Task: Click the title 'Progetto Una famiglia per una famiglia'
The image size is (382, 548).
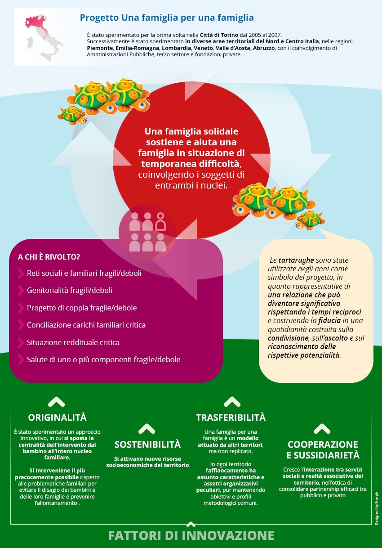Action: [x=167, y=18]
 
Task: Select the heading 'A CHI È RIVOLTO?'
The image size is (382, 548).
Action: [x=49, y=257]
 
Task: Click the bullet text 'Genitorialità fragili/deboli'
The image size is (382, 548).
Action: [x=70, y=290]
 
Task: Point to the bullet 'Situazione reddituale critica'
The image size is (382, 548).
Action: [x=73, y=342]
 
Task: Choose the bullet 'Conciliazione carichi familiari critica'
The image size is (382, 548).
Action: [x=86, y=325]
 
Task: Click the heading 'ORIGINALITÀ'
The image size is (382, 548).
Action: [x=57, y=417]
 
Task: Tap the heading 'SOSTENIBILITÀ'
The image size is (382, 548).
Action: [x=147, y=445]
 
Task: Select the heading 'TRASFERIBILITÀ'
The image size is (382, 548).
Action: [x=231, y=417]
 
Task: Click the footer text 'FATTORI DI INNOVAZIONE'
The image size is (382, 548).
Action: [x=191, y=535]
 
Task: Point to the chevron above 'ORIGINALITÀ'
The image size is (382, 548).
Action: [x=56, y=401]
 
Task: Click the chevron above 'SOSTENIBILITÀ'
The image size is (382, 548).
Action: [x=147, y=429]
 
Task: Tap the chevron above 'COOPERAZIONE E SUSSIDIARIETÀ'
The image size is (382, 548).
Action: [x=322, y=428]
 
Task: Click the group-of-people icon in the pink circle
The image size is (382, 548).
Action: [x=147, y=232]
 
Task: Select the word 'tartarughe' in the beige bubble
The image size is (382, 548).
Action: [x=296, y=260]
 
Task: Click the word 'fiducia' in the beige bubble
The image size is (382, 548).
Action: [x=329, y=320]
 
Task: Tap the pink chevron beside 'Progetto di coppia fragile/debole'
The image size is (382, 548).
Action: [x=21, y=308]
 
